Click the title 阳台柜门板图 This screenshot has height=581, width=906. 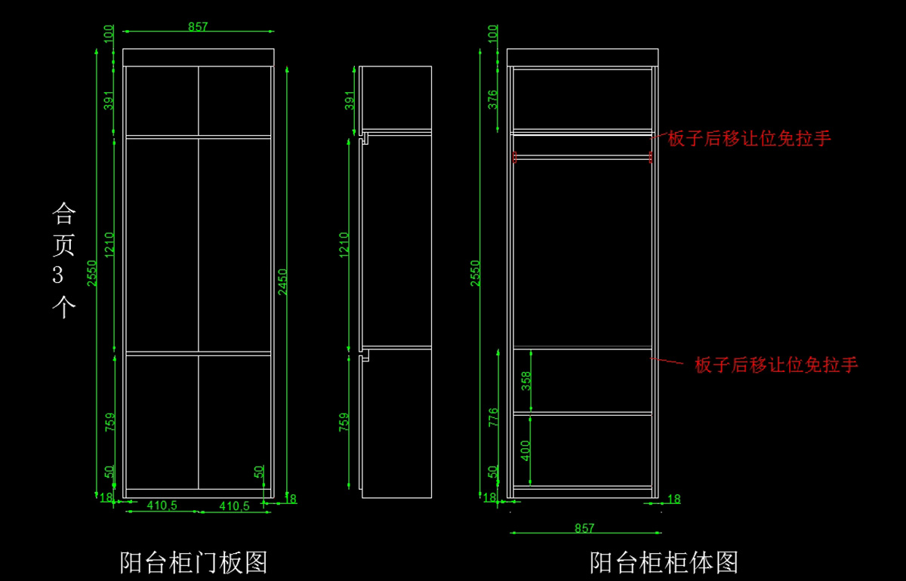[x=194, y=562]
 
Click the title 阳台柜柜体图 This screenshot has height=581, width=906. [x=664, y=562]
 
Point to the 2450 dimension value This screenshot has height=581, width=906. [x=282, y=281]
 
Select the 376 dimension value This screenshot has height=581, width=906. [x=492, y=100]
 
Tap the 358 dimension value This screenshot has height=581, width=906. [x=526, y=380]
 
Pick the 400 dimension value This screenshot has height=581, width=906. [x=526, y=450]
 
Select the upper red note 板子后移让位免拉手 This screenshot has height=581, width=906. [x=749, y=139]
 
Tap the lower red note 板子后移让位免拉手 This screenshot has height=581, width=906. [x=776, y=365]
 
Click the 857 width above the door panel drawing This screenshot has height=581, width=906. [x=198, y=26]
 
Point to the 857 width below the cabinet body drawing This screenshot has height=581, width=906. [x=584, y=528]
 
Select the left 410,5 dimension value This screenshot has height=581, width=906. [x=162, y=506]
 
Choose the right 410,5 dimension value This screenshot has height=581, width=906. [x=234, y=506]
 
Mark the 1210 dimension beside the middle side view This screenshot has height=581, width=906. [x=344, y=244]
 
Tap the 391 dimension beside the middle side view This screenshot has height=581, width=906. [x=349, y=100]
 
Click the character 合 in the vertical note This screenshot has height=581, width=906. [x=63, y=214]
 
